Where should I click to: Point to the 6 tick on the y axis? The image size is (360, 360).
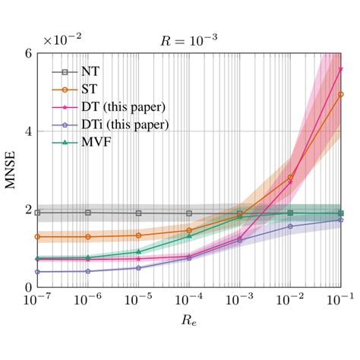tap(27, 53)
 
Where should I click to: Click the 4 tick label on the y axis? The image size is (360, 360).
tap(27, 131)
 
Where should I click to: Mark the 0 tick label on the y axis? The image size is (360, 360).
tap(27, 287)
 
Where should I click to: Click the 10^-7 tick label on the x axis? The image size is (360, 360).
tap(38, 302)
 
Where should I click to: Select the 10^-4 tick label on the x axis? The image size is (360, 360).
tap(189, 302)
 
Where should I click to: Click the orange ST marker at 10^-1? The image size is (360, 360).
tap(341, 94)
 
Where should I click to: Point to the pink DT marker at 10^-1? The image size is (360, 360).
tap(341, 68)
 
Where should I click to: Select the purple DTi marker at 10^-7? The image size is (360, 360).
tap(38, 272)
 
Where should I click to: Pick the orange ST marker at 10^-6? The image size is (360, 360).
tap(88, 237)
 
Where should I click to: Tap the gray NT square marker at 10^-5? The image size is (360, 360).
tap(139, 213)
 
